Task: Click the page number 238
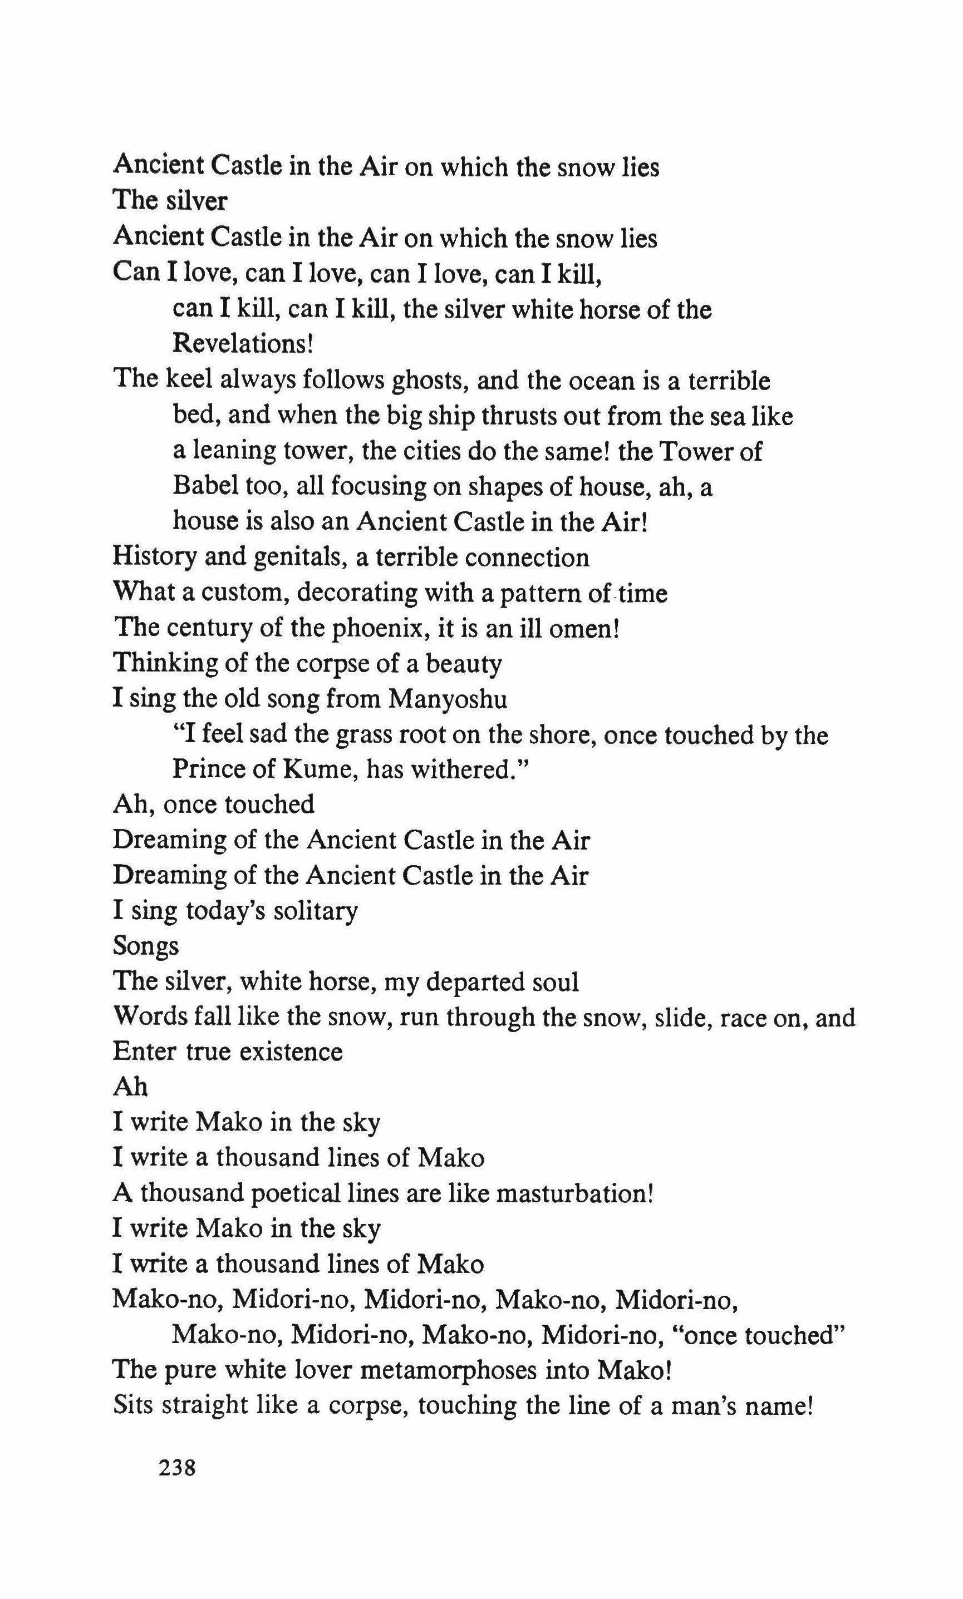pyautogui.click(x=176, y=1467)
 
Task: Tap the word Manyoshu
pyautogui.click(x=448, y=699)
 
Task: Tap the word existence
pyautogui.click(x=291, y=1052)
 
